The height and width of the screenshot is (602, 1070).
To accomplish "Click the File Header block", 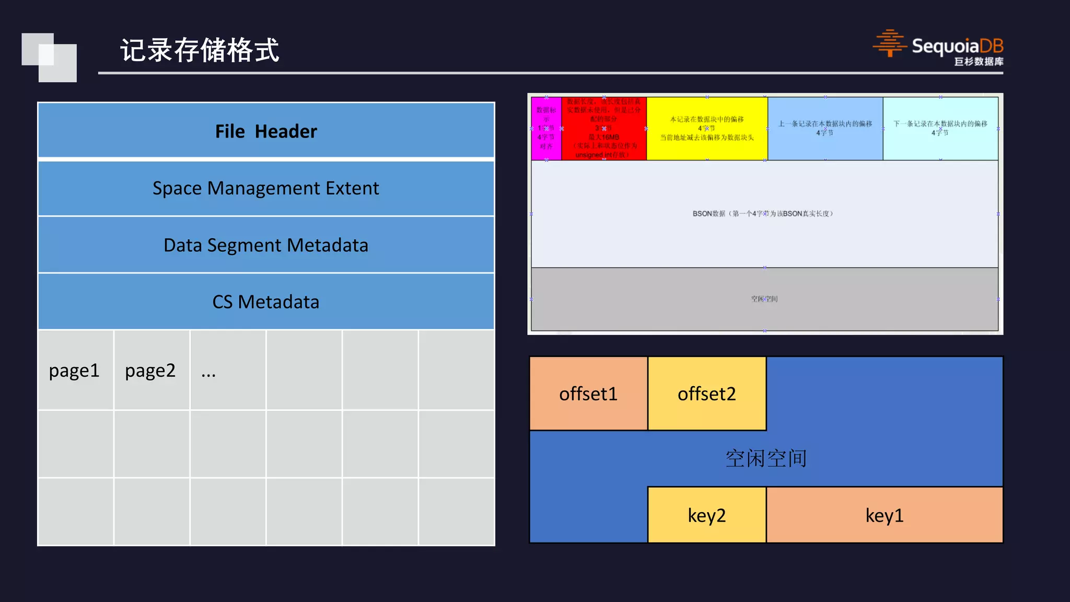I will (x=266, y=131).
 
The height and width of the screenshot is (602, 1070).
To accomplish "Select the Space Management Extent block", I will (x=266, y=188).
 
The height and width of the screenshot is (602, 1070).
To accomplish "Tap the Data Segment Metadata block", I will (x=266, y=245).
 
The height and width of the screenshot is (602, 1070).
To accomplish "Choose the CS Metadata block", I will (x=266, y=302).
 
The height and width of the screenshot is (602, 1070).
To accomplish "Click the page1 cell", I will (x=75, y=371).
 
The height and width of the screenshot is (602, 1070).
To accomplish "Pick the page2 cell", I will (x=151, y=371).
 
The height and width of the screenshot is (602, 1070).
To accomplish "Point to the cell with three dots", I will (x=228, y=371).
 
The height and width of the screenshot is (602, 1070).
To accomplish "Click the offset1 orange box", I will (x=588, y=394).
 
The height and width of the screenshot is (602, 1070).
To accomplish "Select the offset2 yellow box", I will (x=707, y=394).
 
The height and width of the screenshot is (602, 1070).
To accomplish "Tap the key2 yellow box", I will (x=707, y=515).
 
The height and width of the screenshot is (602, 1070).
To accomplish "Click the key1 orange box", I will (x=884, y=515).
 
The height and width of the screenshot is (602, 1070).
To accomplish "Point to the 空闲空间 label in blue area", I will (x=766, y=458).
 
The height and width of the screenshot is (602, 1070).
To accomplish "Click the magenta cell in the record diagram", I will (x=546, y=129).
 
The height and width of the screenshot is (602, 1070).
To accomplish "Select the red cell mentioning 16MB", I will (x=604, y=129).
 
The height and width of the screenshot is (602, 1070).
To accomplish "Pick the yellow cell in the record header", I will (x=707, y=129).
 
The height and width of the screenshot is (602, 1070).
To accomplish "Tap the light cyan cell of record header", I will (x=940, y=129).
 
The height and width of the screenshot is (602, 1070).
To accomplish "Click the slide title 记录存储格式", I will (x=200, y=51).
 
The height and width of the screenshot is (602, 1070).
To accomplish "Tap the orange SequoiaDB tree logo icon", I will (x=889, y=43).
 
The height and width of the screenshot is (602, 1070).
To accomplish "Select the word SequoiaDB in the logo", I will (x=957, y=46).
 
